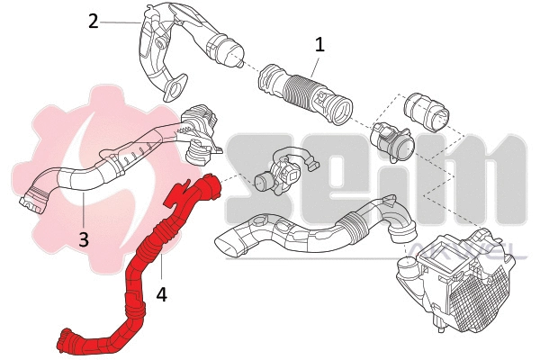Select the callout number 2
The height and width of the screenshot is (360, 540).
click(x=93, y=20)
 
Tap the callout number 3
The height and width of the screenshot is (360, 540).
click(x=83, y=238)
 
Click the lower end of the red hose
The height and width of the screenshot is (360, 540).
click(x=67, y=341)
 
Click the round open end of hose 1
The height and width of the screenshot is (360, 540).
click(x=341, y=111)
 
